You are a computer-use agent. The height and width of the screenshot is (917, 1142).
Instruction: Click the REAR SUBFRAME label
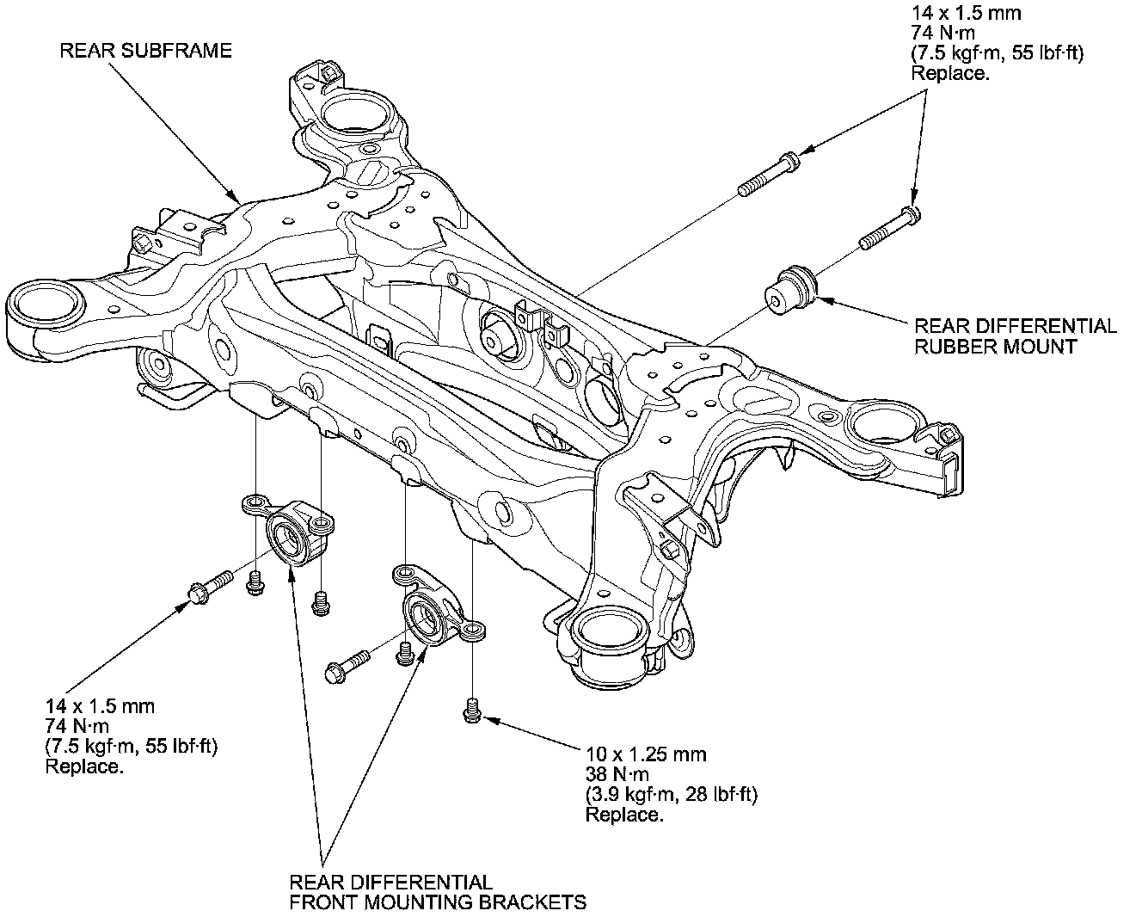[x=145, y=51]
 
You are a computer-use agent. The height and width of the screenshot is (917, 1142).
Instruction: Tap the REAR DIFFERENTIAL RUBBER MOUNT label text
[x=1015, y=336]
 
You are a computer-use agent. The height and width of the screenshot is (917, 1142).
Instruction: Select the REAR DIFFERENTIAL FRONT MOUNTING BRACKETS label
[x=438, y=892]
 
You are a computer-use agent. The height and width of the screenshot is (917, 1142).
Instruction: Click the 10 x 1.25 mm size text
[x=646, y=754]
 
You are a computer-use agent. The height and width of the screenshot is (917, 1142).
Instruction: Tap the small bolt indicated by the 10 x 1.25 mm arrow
[x=470, y=711]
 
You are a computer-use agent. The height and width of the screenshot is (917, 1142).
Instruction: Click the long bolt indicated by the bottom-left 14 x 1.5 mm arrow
[x=208, y=584]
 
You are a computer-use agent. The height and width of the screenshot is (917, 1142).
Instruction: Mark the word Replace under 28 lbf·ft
[x=623, y=814]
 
